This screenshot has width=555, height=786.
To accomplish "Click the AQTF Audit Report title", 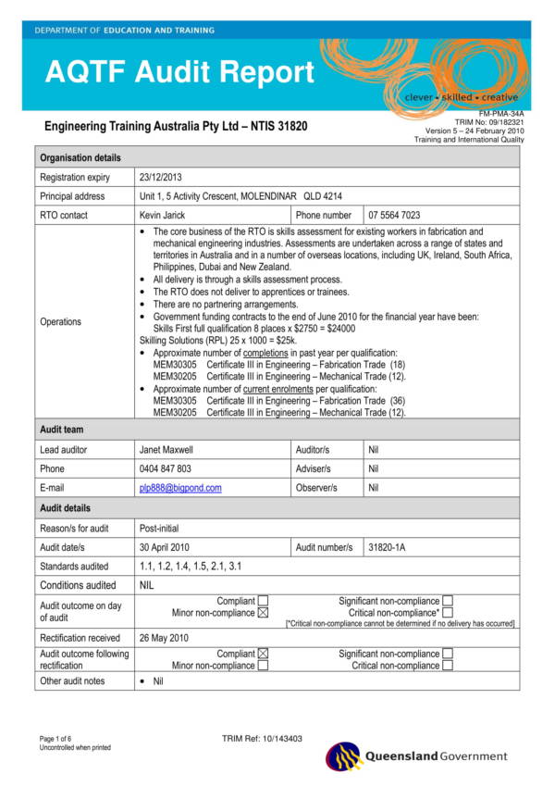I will click(179, 71).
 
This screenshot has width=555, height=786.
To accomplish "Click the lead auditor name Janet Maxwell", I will click(166, 449).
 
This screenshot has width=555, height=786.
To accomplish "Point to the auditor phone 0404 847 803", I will click(166, 468).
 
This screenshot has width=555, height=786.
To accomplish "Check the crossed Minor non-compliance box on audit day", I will click(263, 613).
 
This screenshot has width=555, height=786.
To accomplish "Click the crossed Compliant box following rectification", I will click(263, 654).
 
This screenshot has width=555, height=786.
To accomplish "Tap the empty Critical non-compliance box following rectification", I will click(448, 666).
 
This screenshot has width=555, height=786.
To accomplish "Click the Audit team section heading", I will click(62, 430).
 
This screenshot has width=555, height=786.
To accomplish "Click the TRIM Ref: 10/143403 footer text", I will click(264, 738).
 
